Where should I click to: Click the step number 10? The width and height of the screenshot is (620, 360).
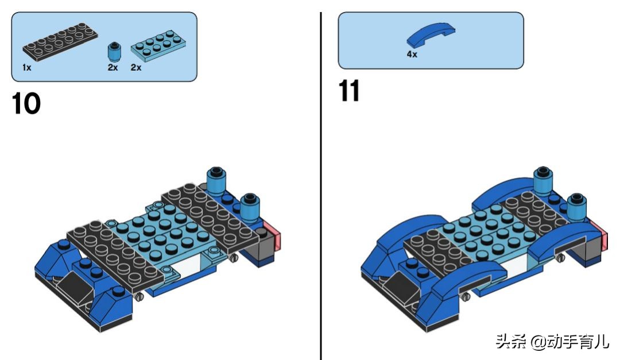26,104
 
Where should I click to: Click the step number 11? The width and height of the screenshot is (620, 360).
349,91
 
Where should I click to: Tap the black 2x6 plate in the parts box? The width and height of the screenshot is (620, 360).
60,41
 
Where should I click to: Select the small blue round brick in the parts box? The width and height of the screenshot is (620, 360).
114,52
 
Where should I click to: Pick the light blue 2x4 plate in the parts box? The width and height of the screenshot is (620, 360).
158,45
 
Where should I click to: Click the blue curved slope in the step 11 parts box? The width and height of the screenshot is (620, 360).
431,35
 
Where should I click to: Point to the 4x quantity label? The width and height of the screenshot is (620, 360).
412,54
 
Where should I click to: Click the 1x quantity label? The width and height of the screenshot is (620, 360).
26,68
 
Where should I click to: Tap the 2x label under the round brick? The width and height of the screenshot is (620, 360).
113,68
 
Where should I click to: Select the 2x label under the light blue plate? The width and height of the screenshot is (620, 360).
136,68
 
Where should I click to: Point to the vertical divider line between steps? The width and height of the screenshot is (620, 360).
321,186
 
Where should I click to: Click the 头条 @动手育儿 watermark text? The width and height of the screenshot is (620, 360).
552,341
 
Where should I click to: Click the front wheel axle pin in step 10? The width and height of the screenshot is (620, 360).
139,296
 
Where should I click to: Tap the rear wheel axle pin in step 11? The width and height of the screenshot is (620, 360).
560,258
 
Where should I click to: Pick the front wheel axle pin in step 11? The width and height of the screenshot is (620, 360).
466,296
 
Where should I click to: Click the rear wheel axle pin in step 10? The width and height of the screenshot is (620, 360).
234,258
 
